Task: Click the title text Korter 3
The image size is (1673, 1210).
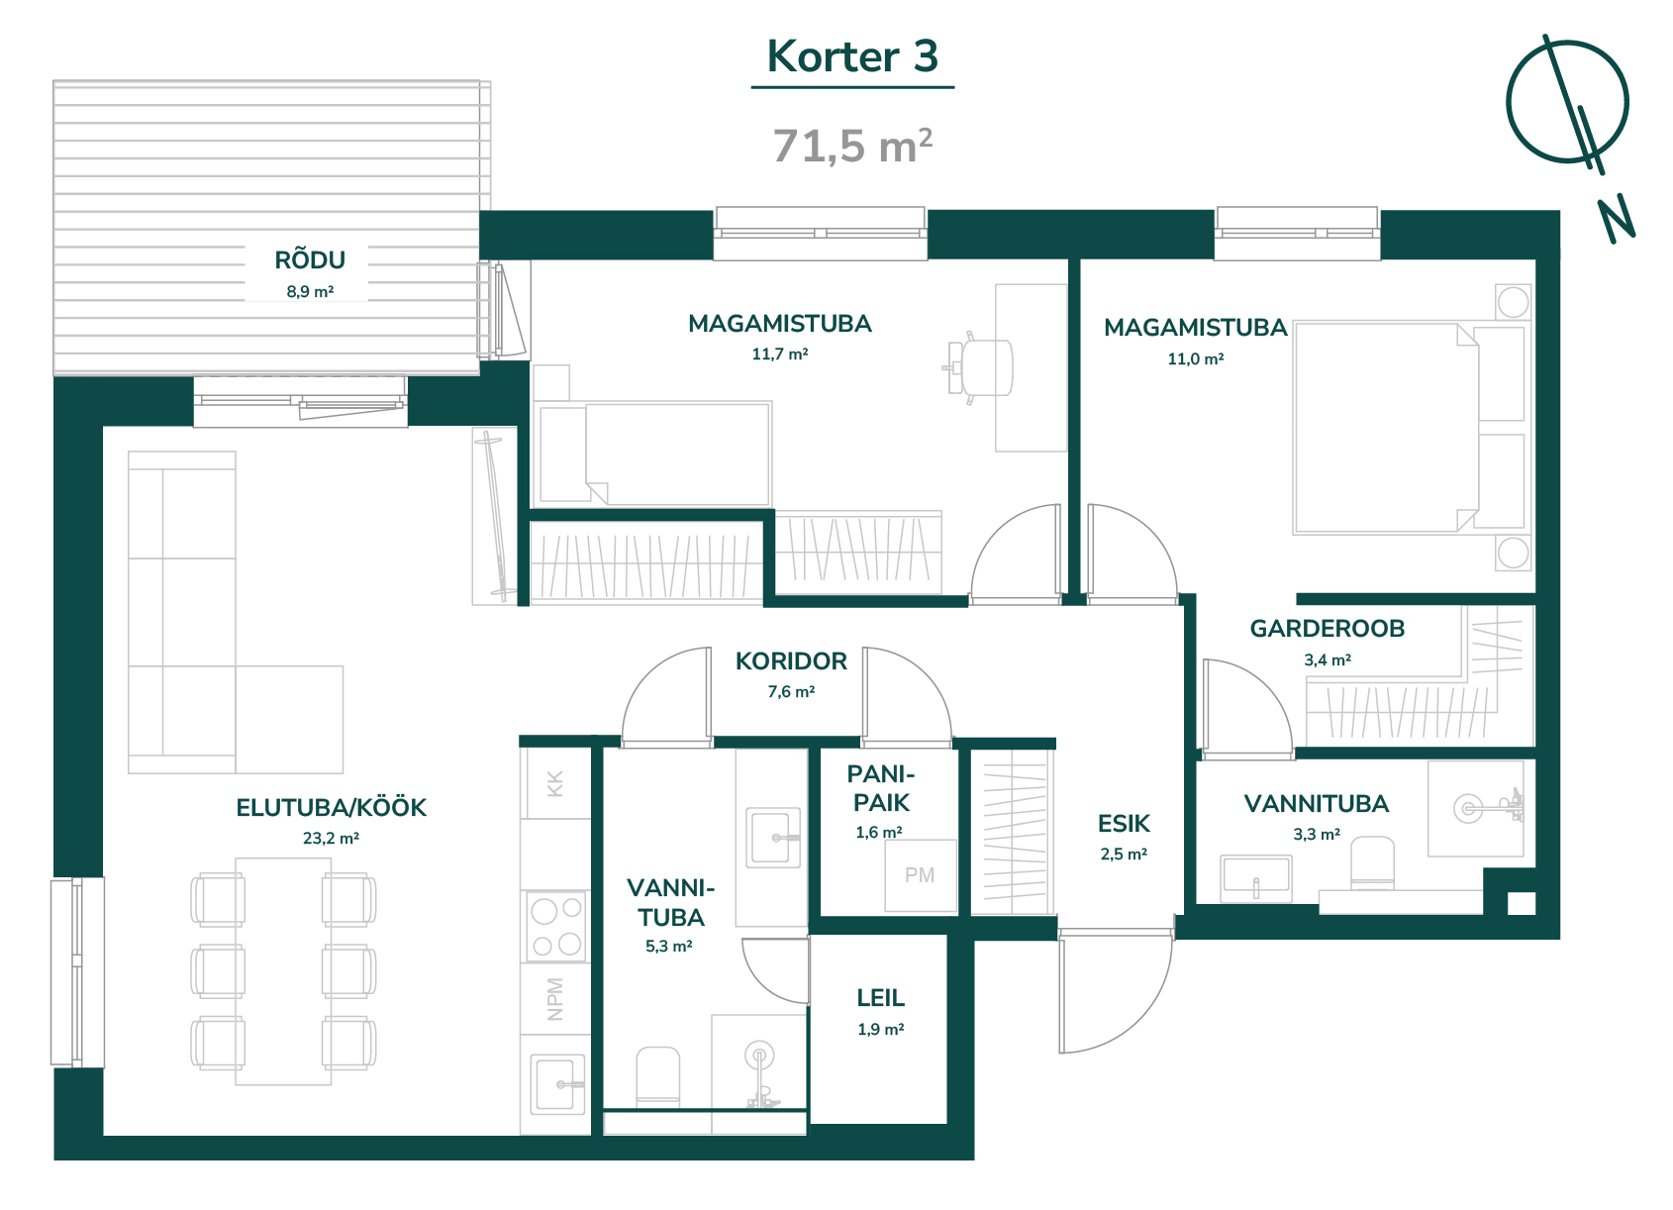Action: click(852, 56)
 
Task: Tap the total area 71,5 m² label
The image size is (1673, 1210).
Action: click(852, 146)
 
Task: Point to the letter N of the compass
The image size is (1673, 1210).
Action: click(1617, 219)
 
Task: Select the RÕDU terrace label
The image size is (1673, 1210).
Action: click(310, 260)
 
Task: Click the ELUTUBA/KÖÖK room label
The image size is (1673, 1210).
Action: click(331, 807)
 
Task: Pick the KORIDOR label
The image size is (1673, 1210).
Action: click(791, 661)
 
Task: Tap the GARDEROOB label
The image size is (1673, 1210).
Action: click(1328, 628)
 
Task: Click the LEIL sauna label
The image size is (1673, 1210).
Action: click(881, 998)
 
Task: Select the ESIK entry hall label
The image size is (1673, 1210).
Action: click(1124, 824)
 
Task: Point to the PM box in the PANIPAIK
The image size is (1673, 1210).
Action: click(921, 875)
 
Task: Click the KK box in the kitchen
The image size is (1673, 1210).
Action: click(555, 783)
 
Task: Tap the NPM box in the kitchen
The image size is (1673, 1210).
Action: click(555, 999)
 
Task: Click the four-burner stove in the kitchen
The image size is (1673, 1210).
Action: click(555, 926)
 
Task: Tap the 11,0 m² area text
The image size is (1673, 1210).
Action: click(1195, 359)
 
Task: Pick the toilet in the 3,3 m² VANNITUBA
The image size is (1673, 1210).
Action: click(1372, 862)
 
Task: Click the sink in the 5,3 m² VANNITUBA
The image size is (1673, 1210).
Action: click(773, 838)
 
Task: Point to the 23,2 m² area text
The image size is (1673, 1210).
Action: click(331, 839)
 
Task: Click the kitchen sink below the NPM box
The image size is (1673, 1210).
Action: click(557, 1084)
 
